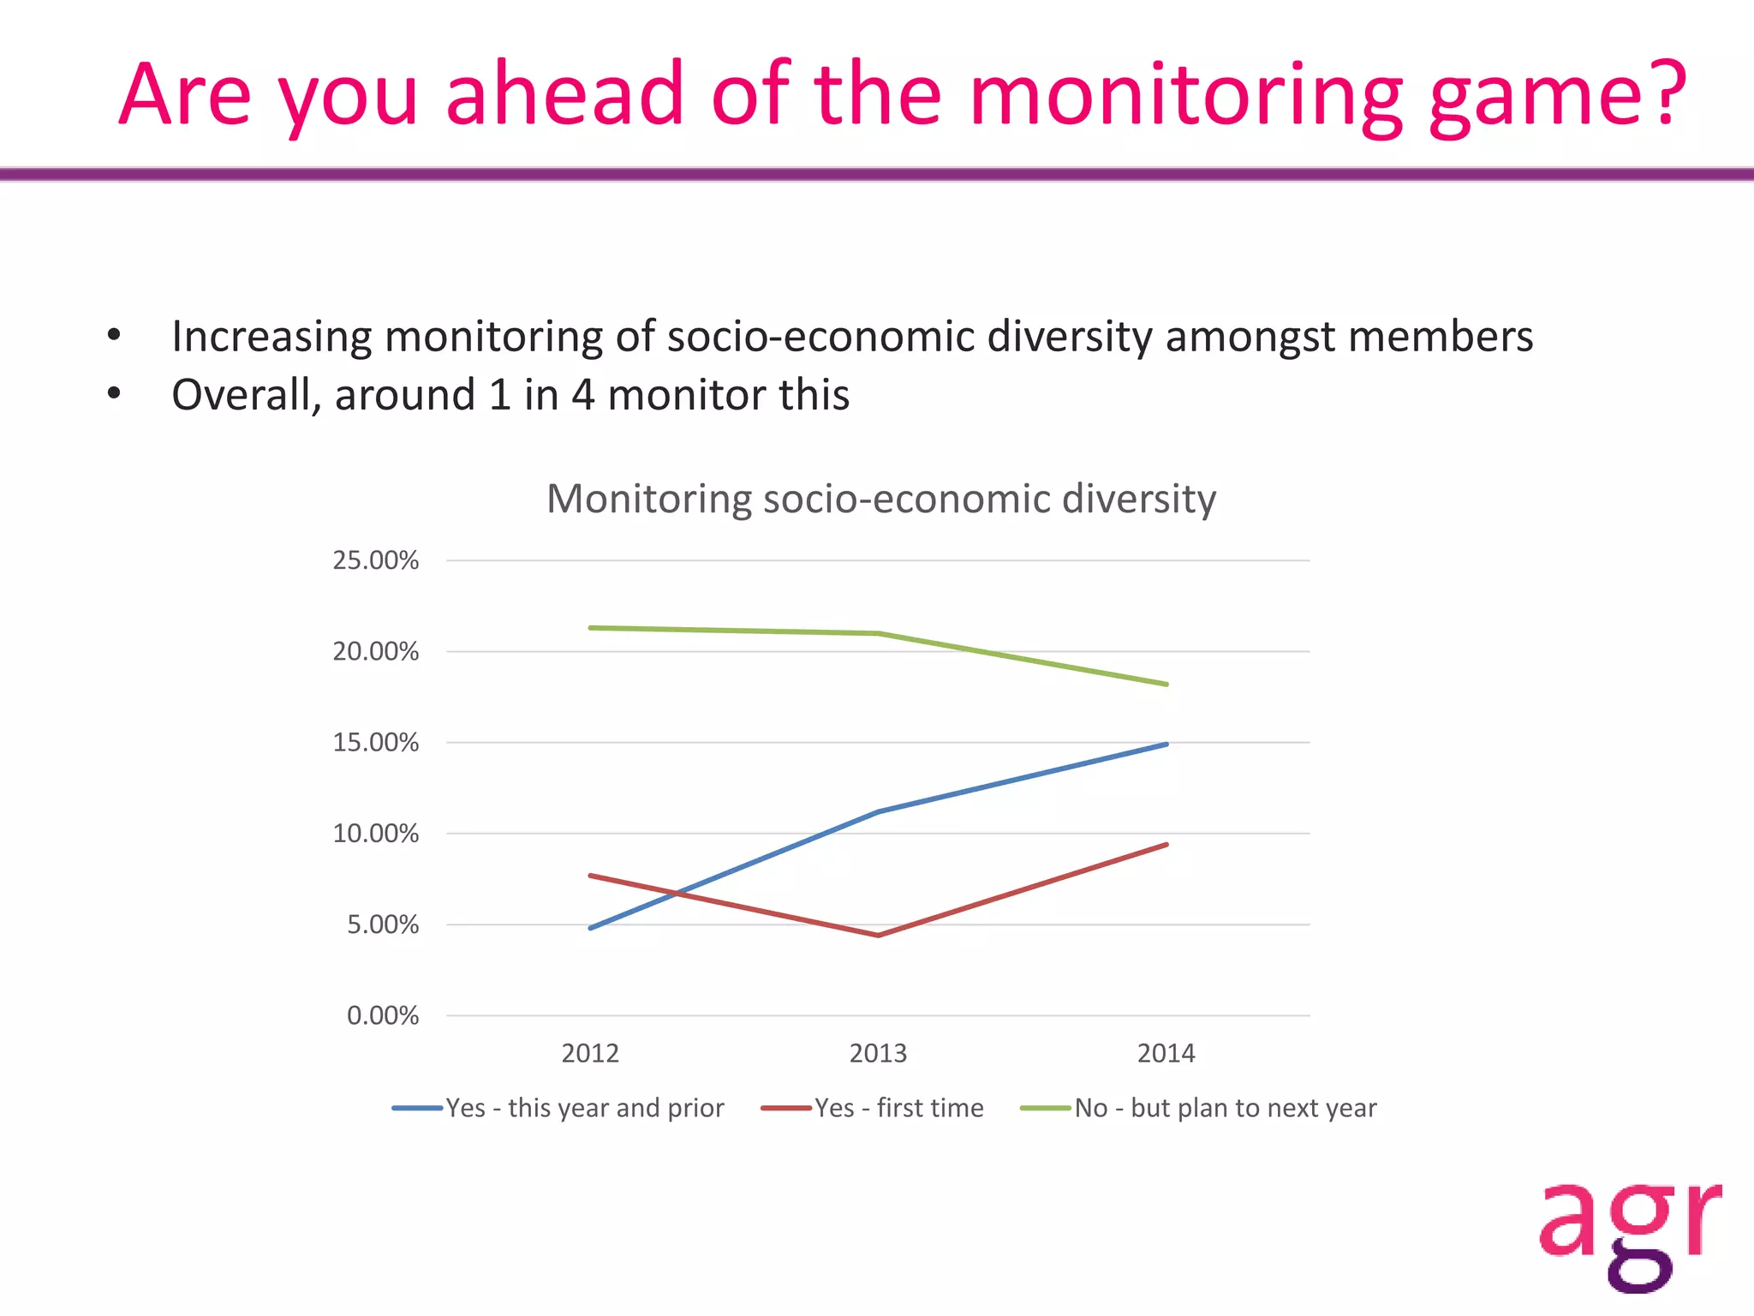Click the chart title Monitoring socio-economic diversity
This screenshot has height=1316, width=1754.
880,499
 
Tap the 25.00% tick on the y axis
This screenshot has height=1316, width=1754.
375,560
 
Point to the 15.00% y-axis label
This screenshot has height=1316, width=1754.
375,742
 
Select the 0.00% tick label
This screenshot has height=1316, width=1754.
382,1015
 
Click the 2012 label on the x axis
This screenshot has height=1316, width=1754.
590,1053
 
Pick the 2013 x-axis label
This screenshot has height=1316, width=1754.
878,1053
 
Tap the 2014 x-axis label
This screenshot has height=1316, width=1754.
1166,1053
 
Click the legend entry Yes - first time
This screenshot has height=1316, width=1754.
898,1108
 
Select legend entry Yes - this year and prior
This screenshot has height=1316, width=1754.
584,1108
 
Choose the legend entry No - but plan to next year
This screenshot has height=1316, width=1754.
1225,1108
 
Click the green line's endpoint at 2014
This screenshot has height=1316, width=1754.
1166,685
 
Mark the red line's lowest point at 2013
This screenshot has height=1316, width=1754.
879,935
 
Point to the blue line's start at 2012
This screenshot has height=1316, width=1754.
591,928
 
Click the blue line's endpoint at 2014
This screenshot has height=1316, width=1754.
1166,744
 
